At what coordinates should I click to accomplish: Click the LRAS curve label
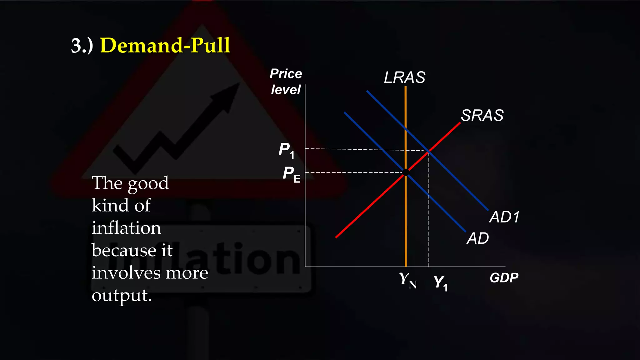404,77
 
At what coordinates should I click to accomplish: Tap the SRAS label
482,115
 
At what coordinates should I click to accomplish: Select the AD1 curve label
504,217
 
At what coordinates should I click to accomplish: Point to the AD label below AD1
478,238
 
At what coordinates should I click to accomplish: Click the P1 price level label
286,150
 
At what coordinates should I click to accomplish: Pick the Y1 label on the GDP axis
440,283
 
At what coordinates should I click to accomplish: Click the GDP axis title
504,277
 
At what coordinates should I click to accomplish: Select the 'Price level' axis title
286,82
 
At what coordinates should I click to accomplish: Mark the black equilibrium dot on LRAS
406,172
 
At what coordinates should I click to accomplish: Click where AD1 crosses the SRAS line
428,152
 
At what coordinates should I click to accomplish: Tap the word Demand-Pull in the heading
165,45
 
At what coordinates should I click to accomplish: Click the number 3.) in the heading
82,46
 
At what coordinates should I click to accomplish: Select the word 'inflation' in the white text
126,228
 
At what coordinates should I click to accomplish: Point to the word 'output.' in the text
122,295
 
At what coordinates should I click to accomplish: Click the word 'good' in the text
148,184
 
